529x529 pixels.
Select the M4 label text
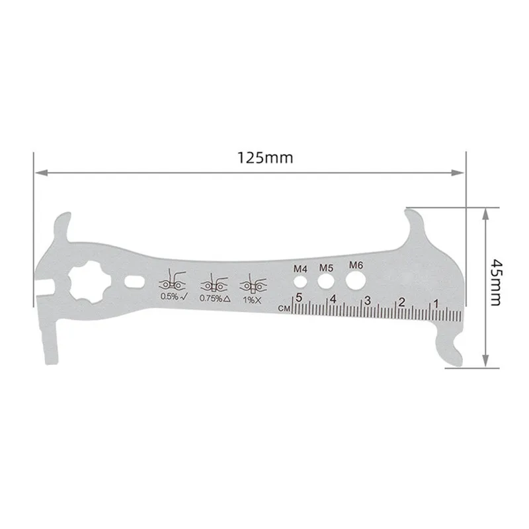click(x=301, y=269)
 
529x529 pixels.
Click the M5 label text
click(x=326, y=268)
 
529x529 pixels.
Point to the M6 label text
click(x=356, y=266)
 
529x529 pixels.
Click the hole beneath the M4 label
click(x=301, y=282)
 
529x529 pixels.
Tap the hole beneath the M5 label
click(x=325, y=282)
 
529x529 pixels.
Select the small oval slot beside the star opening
click(x=134, y=281)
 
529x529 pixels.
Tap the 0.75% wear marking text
click(x=215, y=298)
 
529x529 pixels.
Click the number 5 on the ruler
click(x=299, y=298)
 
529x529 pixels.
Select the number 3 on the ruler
click(x=367, y=300)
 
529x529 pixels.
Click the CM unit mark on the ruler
click(x=285, y=308)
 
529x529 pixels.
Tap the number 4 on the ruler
click(x=333, y=299)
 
